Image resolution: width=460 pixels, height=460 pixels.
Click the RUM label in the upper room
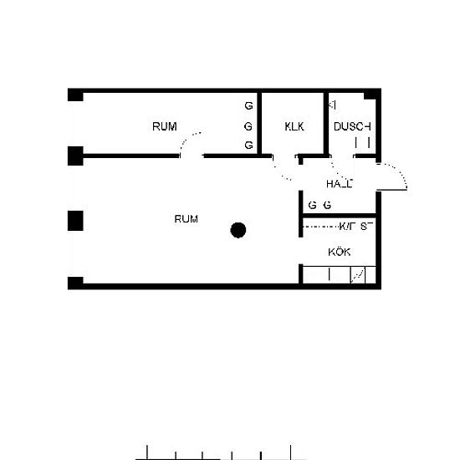point(164,127)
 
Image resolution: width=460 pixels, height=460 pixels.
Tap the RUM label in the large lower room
point(186,219)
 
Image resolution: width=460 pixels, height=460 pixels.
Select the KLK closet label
point(294,127)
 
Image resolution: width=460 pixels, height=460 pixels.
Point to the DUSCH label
point(351,127)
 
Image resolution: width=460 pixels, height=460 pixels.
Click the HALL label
point(339,183)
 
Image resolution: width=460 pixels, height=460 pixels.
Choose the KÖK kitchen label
point(339,252)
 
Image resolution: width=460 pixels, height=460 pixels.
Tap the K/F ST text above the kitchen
point(354,226)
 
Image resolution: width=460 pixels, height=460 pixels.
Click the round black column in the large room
point(239,229)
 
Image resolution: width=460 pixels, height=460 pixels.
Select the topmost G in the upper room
point(248,107)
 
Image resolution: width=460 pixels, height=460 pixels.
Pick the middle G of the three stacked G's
point(248,126)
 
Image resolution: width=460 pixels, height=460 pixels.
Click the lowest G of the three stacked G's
point(248,146)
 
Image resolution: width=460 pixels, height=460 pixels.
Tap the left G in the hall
point(312,205)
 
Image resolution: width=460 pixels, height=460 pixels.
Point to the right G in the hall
point(327,205)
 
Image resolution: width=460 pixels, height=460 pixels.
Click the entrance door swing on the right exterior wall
point(394,177)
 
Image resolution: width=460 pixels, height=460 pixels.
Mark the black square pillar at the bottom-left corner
point(75,282)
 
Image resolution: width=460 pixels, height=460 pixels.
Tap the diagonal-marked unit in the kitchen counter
point(359,274)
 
